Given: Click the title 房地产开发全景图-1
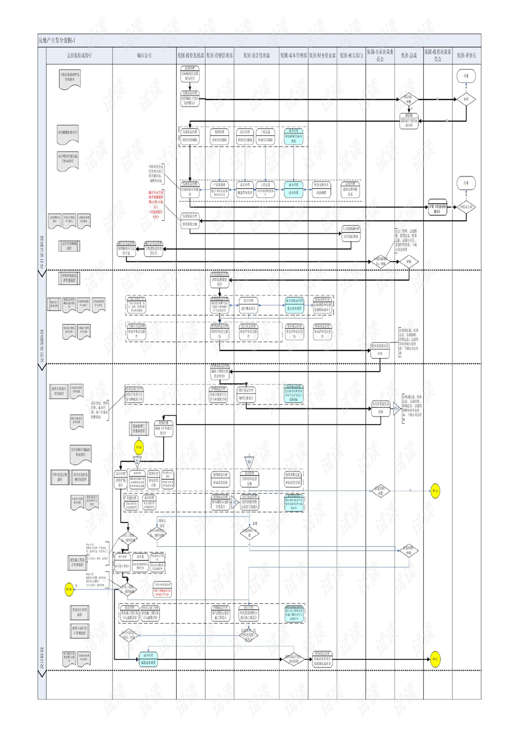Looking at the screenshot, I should click(x=57, y=41).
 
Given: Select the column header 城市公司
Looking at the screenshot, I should click(x=144, y=56).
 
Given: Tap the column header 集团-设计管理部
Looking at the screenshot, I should click(x=256, y=56).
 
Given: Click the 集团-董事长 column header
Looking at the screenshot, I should click(x=466, y=56).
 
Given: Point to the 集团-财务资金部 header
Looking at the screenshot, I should click(x=322, y=56).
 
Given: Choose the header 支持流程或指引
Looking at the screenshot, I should click(x=79, y=56).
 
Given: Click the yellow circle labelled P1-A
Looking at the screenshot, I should click(x=435, y=491).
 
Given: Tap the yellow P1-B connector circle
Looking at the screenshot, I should click(x=69, y=589).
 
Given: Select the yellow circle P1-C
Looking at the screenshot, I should click(x=435, y=659).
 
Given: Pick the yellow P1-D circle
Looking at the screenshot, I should click(x=139, y=447).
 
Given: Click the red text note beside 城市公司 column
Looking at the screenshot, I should click(x=156, y=204).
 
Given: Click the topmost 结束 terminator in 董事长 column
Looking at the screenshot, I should click(x=466, y=76).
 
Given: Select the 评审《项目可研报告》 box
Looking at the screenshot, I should click(x=437, y=208).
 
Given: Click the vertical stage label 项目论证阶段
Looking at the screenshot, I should click(x=42, y=252).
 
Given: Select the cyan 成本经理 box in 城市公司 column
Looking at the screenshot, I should click(x=148, y=659).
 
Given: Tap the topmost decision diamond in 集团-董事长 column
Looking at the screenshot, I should click(x=466, y=100).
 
